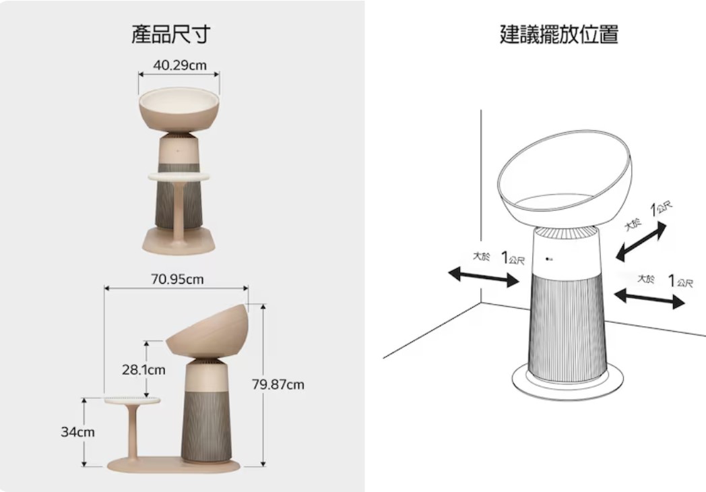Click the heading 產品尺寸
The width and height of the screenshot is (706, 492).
pyautogui.click(x=170, y=34)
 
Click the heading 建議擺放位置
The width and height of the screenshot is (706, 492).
pyautogui.click(x=559, y=34)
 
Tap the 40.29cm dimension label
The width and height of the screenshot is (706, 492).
pyautogui.click(x=180, y=65)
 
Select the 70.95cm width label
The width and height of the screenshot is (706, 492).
pyautogui.click(x=177, y=279)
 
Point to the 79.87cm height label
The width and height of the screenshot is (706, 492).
pyautogui.click(x=278, y=384)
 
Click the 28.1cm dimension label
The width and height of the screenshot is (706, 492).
pyautogui.click(x=143, y=370)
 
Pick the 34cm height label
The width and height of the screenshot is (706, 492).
pyautogui.click(x=78, y=431)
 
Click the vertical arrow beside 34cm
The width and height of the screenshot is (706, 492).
pyautogui.click(x=84, y=432)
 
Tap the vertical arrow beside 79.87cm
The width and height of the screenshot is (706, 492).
pyautogui.click(x=263, y=386)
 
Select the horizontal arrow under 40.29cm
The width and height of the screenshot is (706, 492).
pyautogui.click(x=179, y=74)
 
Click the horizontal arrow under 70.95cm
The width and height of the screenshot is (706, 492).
pyautogui.click(x=176, y=288)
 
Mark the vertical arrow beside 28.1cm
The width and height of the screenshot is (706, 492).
pyautogui.click(x=146, y=369)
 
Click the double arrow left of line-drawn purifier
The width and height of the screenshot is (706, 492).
pyautogui.click(x=484, y=276)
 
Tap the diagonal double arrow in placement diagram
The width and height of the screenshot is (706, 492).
pyautogui.click(x=641, y=242)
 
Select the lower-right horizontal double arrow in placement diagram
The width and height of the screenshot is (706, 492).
pyautogui.click(x=649, y=299)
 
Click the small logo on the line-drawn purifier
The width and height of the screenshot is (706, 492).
pyautogui.click(x=549, y=259)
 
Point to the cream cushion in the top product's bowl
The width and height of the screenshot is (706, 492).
pyautogui.click(x=179, y=98)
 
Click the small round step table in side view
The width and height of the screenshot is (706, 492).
pyautogui.click(x=132, y=400)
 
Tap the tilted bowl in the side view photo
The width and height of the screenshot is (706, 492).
pyautogui.click(x=207, y=330)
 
